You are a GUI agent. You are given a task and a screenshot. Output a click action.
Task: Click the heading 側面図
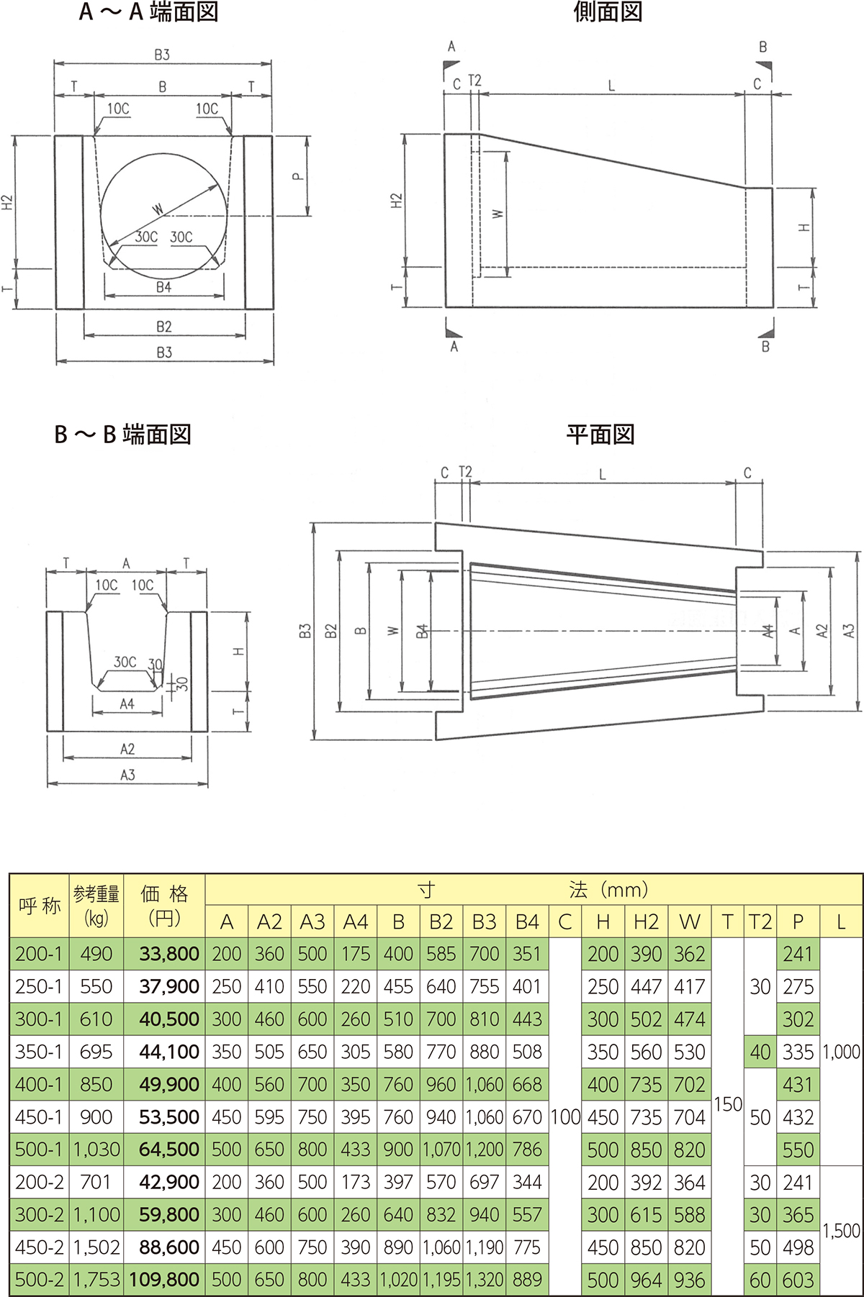[x=608, y=12]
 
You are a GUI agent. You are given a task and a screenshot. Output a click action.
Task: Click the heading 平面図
[x=600, y=434]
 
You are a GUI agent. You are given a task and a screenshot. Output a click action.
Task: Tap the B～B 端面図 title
[x=122, y=434]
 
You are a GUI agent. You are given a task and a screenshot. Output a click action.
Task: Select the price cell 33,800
[x=169, y=954]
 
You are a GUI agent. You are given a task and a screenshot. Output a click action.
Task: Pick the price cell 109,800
[x=164, y=1280]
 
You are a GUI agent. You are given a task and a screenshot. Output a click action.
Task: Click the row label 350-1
[x=39, y=1052]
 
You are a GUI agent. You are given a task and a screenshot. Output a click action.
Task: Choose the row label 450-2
[x=39, y=1247]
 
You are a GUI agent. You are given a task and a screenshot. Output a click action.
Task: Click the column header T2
[x=760, y=921]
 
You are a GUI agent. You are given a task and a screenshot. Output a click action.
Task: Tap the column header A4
[x=356, y=921]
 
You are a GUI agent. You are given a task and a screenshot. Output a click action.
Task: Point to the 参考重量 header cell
[x=96, y=906]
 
